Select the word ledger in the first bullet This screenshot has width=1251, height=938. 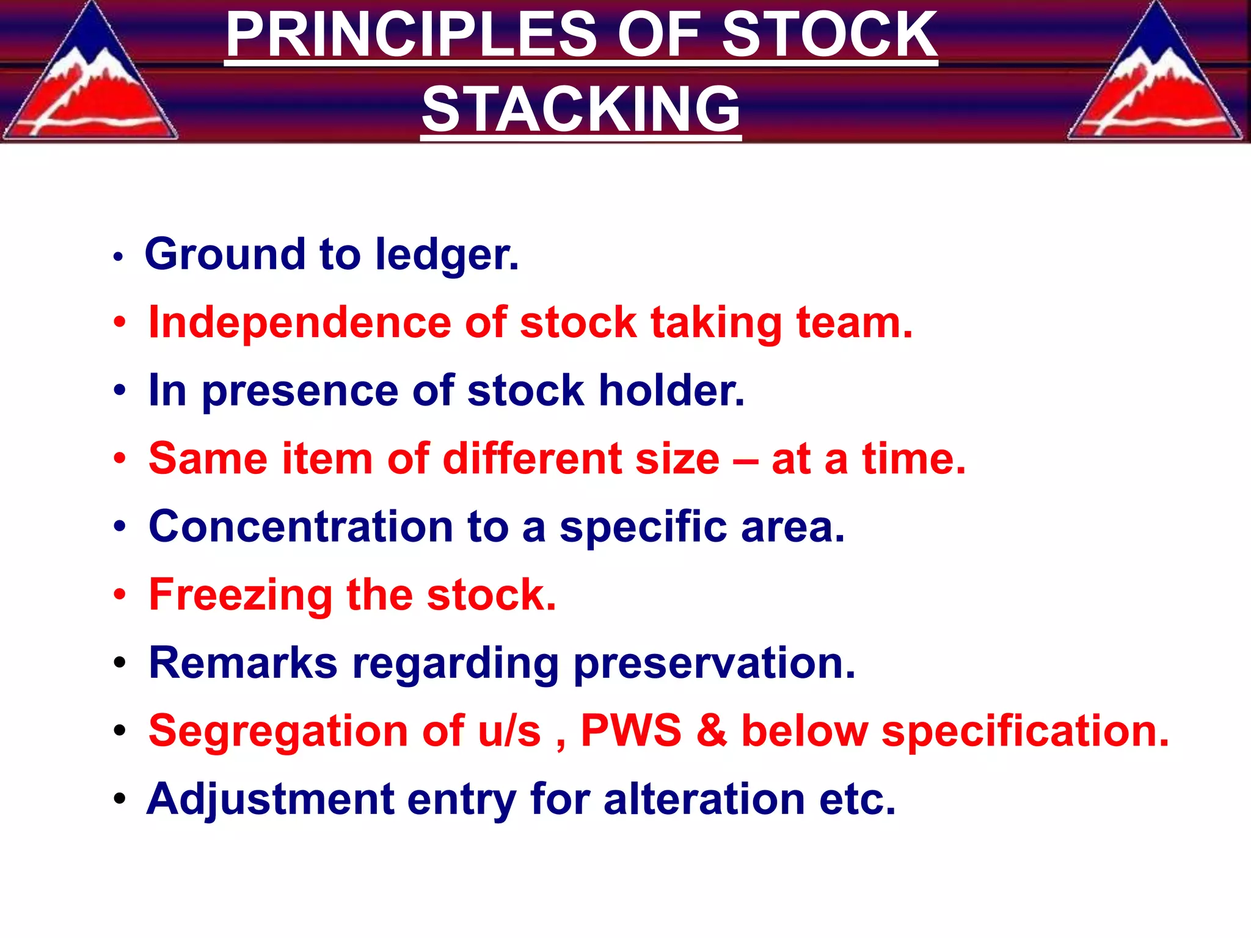click(447, 255)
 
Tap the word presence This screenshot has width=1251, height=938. click(299, 391)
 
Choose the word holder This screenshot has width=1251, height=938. click(671, 391)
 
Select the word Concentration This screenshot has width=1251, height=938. click(301, 526)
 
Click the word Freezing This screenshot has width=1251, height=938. click(241, 595)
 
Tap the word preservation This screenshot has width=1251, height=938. click(714, 664)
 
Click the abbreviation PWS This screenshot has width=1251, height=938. click(630, 730)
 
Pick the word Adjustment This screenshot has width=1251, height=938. click(270, 799)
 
